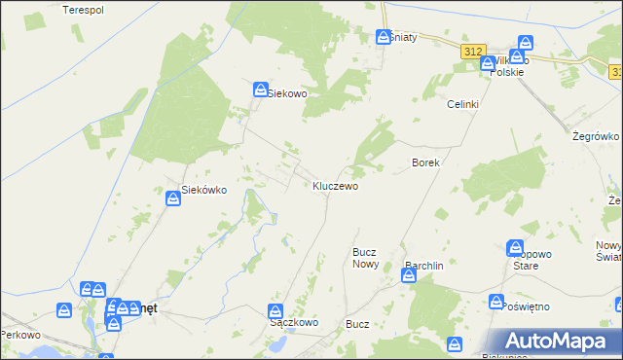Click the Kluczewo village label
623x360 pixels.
point(336,185)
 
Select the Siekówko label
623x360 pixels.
point(204,191)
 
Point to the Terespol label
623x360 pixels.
point(83,10)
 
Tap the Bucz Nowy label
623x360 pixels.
point(365,257)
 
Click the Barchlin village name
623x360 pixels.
point(424,264)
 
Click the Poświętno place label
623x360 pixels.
point(529,306)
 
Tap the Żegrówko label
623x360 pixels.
point(593,137)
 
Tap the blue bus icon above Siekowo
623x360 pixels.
point(261,89)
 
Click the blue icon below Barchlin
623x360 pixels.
point(409,276)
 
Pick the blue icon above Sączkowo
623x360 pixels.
point(276,310)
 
